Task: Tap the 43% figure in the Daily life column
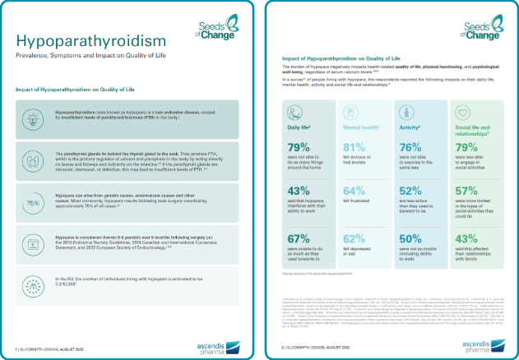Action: [298, 192]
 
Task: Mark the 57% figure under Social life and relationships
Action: [467, 191]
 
